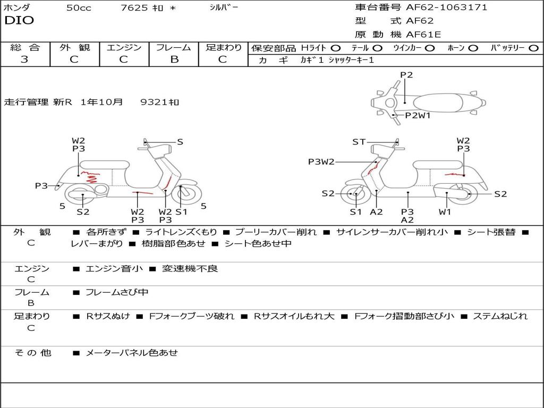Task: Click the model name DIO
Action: tap(19, 21)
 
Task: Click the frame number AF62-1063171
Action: tap(446, 7)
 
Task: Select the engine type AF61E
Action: tap(423, 35)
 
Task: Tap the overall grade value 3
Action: tap(24, 59)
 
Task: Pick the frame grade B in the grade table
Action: tap(174, 59)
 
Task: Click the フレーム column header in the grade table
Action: tap(174, 47)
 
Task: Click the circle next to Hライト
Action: tap(336, 48)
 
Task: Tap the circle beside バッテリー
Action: tap(533, 48)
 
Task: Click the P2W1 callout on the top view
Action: tap(418, 115)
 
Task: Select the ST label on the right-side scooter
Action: tap(359, 142)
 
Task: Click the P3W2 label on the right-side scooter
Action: tap(321, 161)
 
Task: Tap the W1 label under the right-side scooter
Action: tap(445, 211)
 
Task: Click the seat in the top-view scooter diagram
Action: tap(438, 103)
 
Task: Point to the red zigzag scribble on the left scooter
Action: tap(90, 176)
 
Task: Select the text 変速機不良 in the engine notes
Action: tap(190, 268)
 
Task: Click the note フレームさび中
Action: tap(117, 293)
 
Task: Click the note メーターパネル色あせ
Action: tap(132, 353)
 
